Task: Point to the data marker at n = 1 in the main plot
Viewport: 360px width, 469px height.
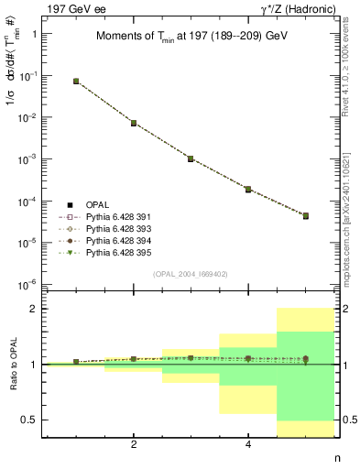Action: coord(76,82)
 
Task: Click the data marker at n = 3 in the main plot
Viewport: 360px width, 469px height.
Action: coord(191,158)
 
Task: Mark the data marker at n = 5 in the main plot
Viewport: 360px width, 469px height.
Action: coord(305,216)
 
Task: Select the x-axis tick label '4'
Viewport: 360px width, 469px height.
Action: coord(248,445)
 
